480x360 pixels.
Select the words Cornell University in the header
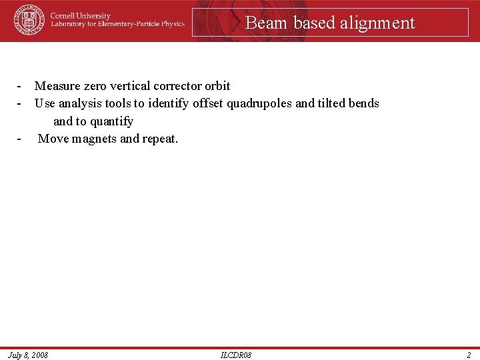coord(81,15)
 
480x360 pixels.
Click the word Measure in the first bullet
coord(58,86)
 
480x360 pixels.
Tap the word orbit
coord(217,86)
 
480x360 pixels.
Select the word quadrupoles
coord(259,103)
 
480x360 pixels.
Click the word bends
coord(364,103)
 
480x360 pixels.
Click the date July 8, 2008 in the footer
coord(28,355)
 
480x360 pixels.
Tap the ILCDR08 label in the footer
coord(236,355)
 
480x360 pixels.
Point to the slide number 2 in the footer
coord(469,355)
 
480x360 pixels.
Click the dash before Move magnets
coord(21,139)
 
